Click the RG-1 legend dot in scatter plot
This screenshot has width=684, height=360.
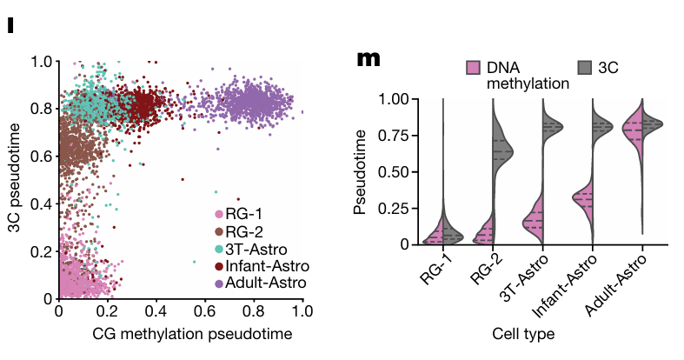[x=218, y=214]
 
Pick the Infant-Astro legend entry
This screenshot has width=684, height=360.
[x=262, y=266]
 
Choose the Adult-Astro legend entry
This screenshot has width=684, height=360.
[x=262, y=283]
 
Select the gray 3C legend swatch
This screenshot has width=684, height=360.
[x=584, y=68]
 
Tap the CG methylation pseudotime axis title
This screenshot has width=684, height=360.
[x=179, y=333]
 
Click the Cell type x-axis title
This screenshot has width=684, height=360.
[x=522, y=333]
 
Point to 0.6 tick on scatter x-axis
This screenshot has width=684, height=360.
[x=204, y=310]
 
